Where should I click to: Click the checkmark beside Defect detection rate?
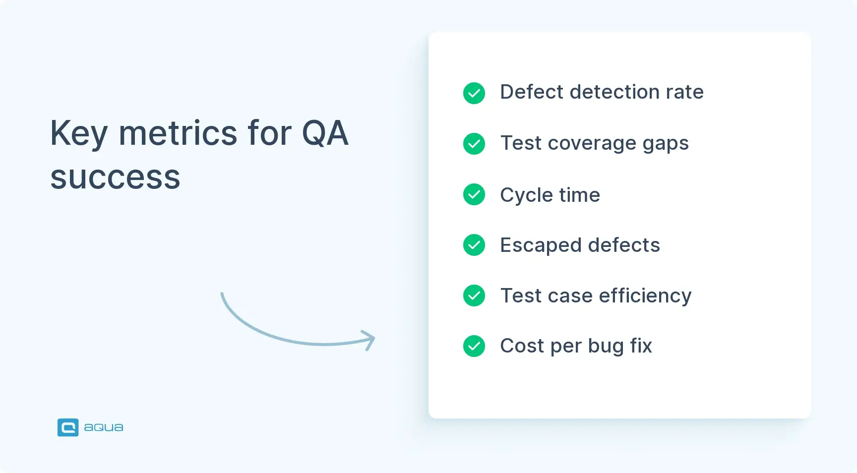pyautogui.click(x=474, y=93)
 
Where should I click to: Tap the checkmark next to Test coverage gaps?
pyautogui.click(x=474, y=144)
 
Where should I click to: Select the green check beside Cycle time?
pyautogui.click(x=474, y=194)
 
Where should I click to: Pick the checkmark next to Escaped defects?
pyautogui.click(x=474, y=245)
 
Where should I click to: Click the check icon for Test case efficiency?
pyautogui.click(x=474, y=296)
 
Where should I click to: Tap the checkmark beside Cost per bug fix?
pyautogui.click(x=474, y=346)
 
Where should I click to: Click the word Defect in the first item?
pyautogui.click(x=532, y=92)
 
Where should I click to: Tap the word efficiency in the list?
pyautogui.click(x=645, y=296)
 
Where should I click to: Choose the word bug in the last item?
pyautogui.click(x=606, y=346)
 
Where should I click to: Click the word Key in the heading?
pyautogui.click(x=79, y=134)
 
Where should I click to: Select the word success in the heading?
pyautogui.click(x=115, y=177)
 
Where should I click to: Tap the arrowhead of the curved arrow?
pyautogui.click(x=370, y=340)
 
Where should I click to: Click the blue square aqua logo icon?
pyautogui.click(x=68, y=427)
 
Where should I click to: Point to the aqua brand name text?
pyautogui.click(x=104, y=427)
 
